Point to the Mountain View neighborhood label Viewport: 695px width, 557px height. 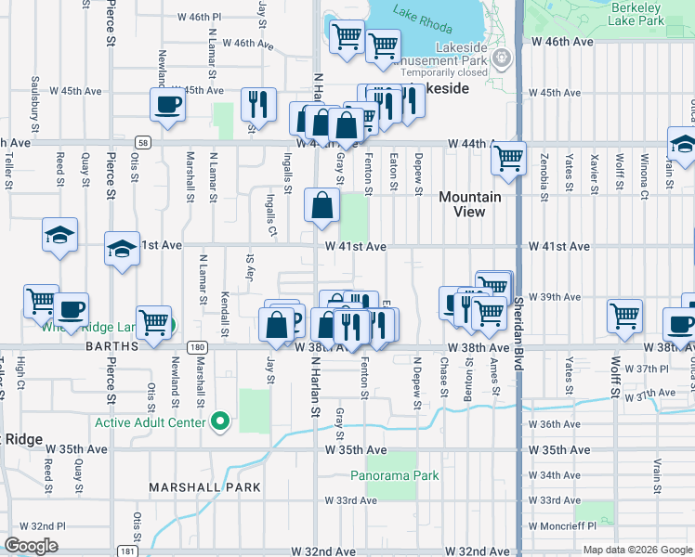pyautogui.click(x=469, y=204)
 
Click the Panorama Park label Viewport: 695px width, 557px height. pyautogui.click(x=394, y=476)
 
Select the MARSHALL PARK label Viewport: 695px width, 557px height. pyautogui.click(x=192, y=487)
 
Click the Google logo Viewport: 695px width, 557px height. pyautogui.click(x=32, y=546)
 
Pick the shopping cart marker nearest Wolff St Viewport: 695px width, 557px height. pyautogui.click(x=624, y=316)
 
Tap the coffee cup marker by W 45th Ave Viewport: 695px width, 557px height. pyautogui.click(x=167, y=104)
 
